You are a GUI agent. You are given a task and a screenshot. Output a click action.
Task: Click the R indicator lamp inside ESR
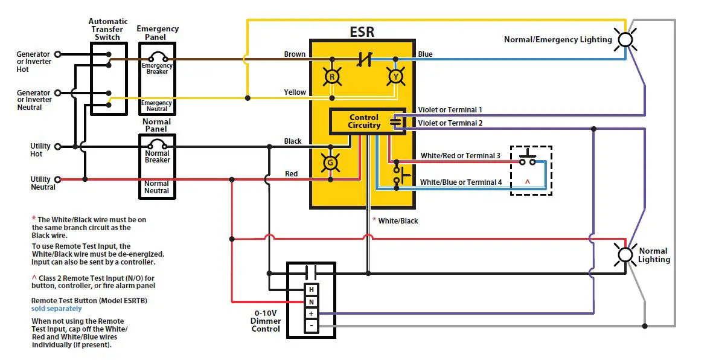(331, 76)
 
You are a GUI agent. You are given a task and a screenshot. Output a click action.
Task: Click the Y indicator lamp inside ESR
(395, 76)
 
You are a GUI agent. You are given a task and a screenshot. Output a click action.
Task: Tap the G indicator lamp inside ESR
(330, 162)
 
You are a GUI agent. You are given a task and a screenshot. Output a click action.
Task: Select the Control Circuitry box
(364, 121)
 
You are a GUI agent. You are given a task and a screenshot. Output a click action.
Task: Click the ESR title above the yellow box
(362, 31)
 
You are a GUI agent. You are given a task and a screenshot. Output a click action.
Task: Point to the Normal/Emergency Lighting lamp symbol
(627, 40)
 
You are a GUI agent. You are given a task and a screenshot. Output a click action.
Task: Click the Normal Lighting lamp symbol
(625, 254)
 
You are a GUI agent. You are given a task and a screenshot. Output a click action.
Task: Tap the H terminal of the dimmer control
(311, 289)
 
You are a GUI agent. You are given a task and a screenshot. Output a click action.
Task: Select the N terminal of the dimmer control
(311, 301)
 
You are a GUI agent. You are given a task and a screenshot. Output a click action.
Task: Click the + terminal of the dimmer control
(311, 313)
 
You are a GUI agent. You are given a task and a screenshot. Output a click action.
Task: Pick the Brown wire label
(295, 54)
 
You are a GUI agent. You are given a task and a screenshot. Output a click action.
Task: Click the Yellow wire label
(295, 92)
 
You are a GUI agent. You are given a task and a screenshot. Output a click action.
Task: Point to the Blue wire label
(425, 54)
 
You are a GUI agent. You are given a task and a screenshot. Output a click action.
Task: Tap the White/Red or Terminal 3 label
(460, 156)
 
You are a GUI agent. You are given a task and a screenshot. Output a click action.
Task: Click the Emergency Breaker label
(157, 68)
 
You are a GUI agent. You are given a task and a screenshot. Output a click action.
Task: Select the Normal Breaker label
(157, 156)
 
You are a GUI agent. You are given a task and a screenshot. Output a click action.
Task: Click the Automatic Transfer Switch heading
(109, 29)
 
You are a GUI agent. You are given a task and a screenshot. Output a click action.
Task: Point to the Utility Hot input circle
(58, 146)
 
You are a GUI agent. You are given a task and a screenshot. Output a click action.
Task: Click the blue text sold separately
(56, 309)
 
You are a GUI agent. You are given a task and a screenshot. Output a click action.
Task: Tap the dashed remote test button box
(531, 170)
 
